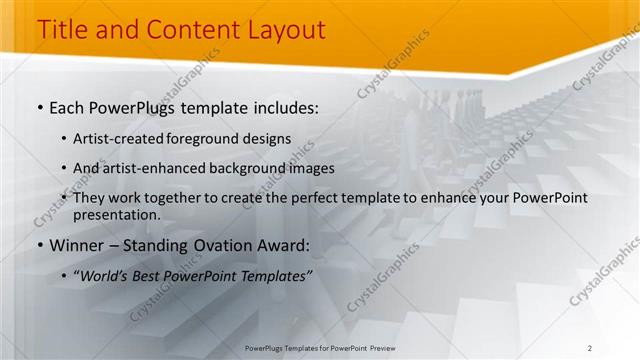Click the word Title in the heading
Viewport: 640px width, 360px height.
(60, 30)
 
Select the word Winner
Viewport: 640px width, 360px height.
(77, 245)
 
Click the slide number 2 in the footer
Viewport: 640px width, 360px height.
(590, 347)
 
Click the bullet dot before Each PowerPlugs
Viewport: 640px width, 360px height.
(40, 106)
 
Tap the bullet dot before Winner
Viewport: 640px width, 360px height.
(40, 246)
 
